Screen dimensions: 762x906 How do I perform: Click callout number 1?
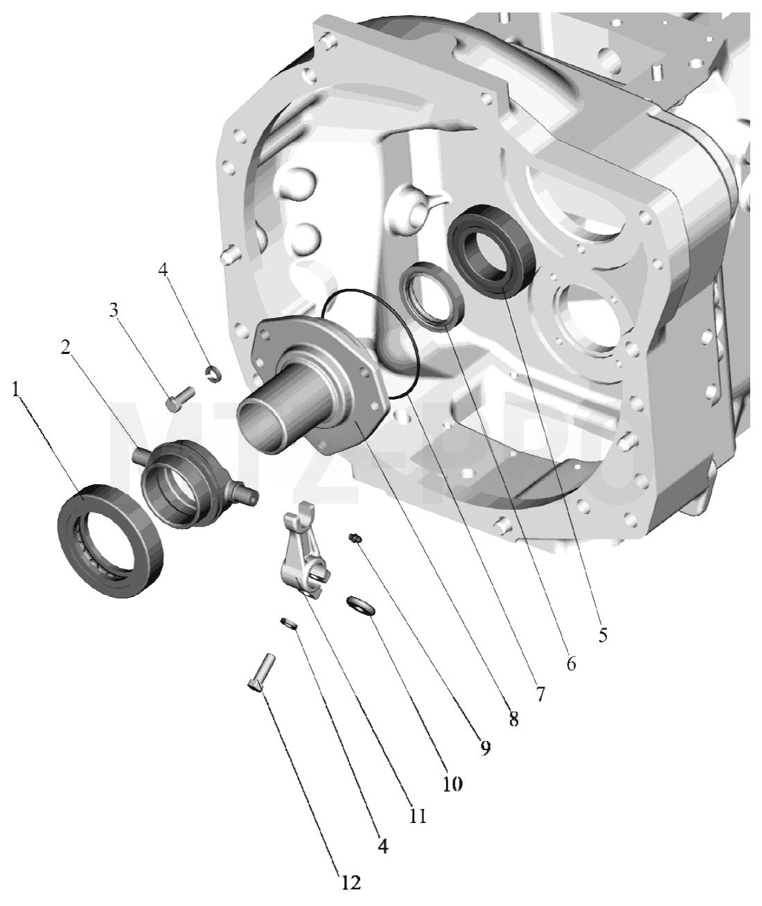pyautogui.click(x=17, y=390)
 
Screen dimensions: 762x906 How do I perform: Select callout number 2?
pyautogui.click(x=65, y=347)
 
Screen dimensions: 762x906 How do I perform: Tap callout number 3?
pyautogui.click(x=114, y=310)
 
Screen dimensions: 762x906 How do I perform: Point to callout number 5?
pyautogui.click(x=603, y=634)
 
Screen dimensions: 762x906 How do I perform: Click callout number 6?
pyautogui.click(x=571, y=664)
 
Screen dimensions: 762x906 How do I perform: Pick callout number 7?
pyautogui.click(x=540, y=694)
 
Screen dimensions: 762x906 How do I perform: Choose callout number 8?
pyautogui.click(x=513, y=720)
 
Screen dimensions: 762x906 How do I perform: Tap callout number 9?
pyautogui.click(x=485, y=747)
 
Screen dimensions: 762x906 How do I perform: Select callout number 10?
pyautogui.click(x=452, y=783)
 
